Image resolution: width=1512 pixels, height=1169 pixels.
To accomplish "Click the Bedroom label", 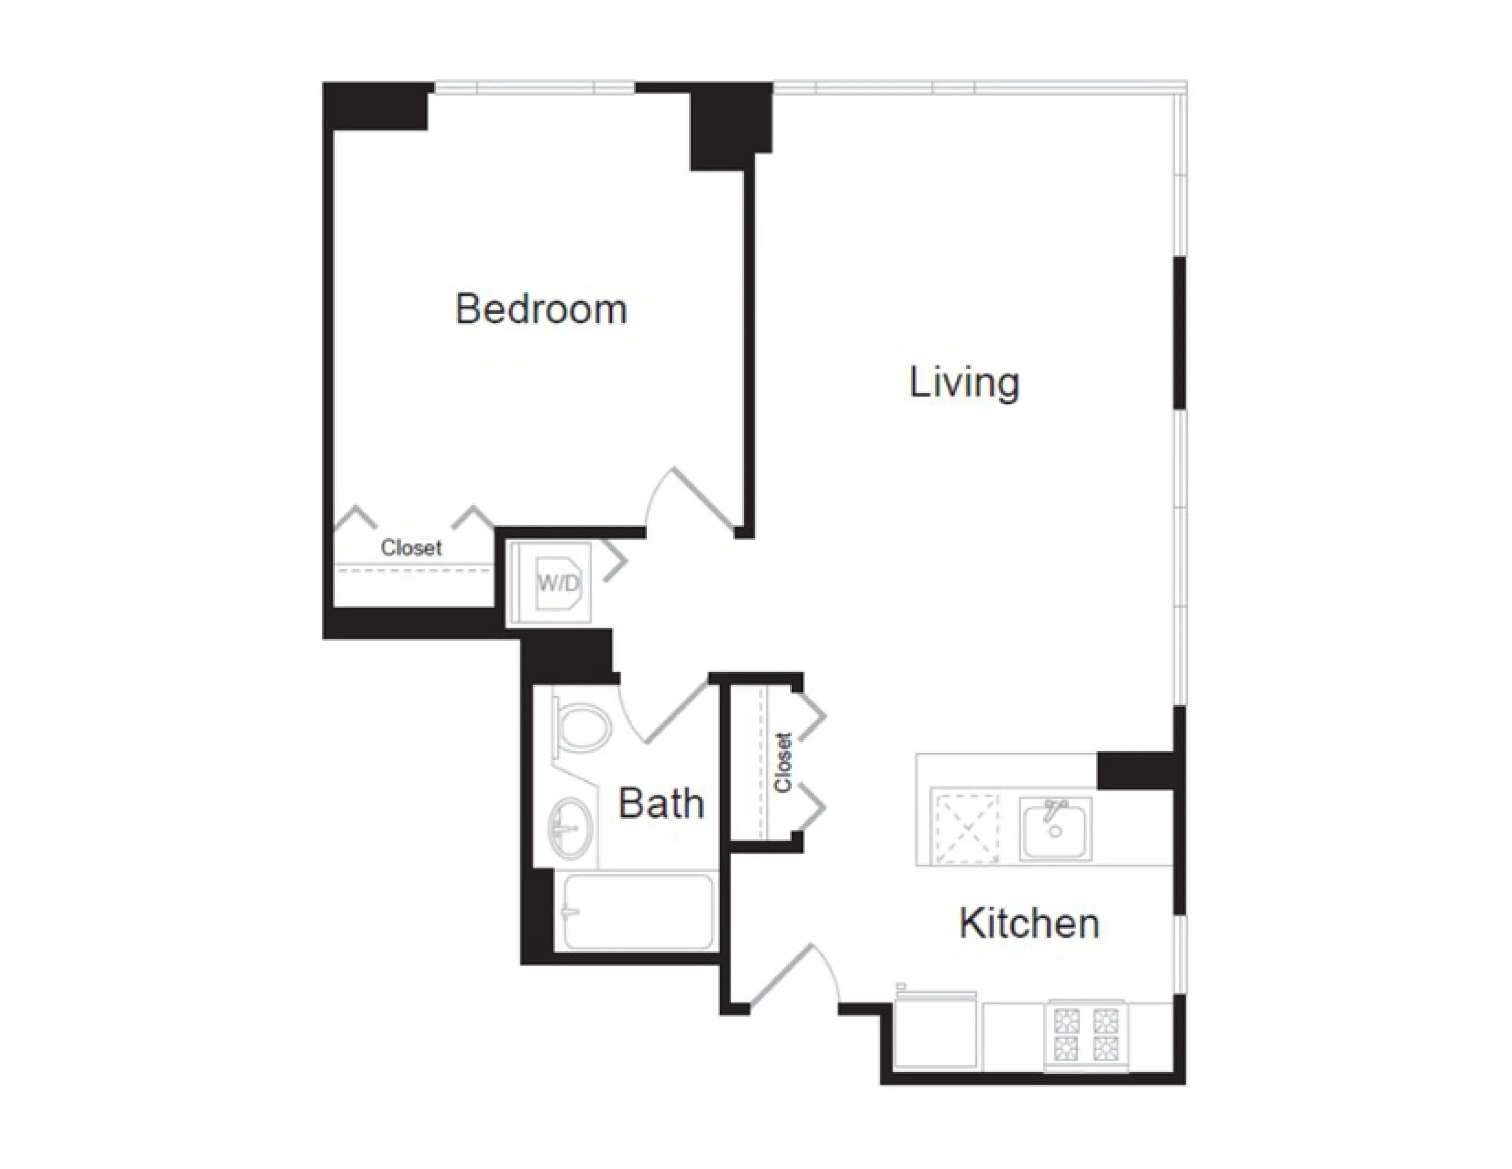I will (x=541, y=309).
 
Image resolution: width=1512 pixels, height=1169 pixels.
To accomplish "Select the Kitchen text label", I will (x=1029, y=924).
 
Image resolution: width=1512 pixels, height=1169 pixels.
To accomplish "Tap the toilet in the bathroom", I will (x=584, y=727).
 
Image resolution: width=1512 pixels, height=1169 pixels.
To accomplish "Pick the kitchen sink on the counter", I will (x=1054, y=828).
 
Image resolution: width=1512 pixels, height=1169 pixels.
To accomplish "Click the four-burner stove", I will (x=1085, y=1035).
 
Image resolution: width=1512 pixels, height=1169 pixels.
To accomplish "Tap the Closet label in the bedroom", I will (x=411, y=548).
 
